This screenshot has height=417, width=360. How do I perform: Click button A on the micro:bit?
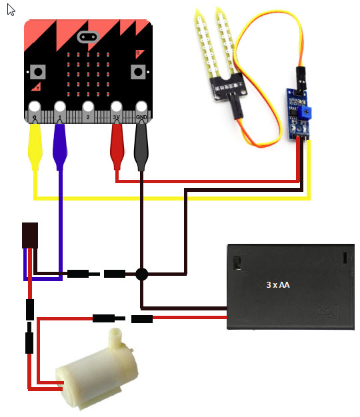tap(38, 72)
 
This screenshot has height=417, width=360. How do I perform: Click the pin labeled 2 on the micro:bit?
tap(88, 112)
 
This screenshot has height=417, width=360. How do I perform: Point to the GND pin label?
tap(141, 117)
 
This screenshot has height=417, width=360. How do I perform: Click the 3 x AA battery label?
tap(278, 285)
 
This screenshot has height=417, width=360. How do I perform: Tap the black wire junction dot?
tap(141, 274)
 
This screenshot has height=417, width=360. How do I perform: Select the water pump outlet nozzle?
tap(115, 336)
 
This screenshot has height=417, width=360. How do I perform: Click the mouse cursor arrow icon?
tap(11, 10)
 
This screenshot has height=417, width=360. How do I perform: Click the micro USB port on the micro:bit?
tap(88, 37)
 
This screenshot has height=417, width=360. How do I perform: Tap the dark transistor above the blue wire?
tap(30, 236)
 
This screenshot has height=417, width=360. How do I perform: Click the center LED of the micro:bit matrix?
tap(88, 74)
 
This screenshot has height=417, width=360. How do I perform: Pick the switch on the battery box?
tap(236, 263)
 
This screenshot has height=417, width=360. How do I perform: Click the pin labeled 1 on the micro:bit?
tap(60, 112)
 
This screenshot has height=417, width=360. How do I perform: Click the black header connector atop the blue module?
tap(301, 79)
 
